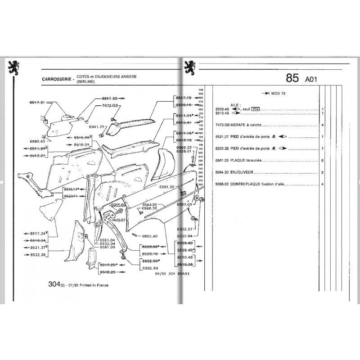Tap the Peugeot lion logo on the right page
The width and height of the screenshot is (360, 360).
coord(189,68)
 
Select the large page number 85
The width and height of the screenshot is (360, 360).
coord(292,78)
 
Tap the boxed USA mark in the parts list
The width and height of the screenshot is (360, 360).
coord(255,109)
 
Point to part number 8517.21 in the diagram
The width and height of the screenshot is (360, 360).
coord(37,103)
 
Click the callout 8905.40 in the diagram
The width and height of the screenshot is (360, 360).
coord(149,236)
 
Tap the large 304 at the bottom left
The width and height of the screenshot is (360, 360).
coord(54,284)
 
